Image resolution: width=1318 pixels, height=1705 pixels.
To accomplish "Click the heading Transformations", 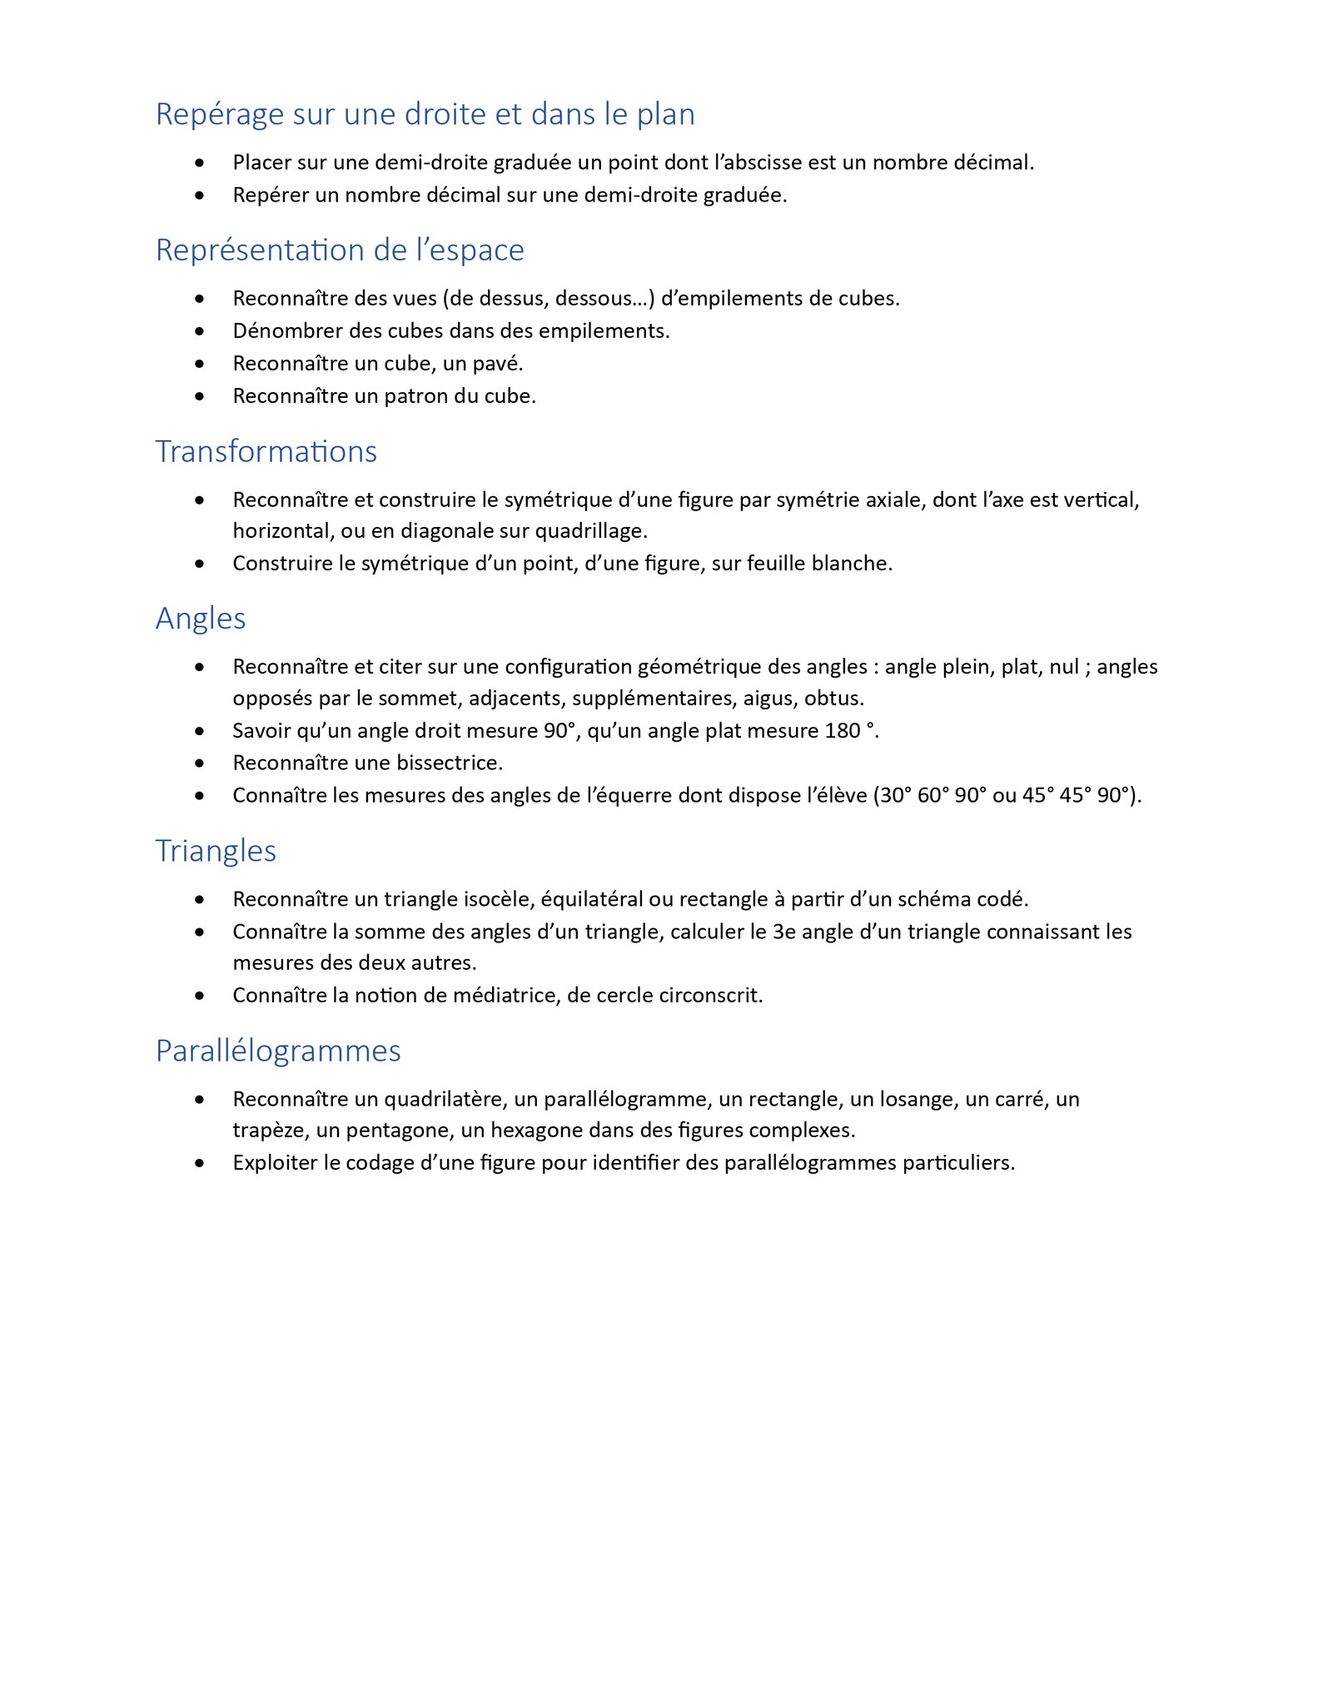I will (266, 451).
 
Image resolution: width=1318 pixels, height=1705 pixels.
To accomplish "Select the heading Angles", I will (201, 619).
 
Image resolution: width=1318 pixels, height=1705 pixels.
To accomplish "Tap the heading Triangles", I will (216, 851).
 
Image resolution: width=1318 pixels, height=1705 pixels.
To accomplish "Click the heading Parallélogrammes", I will (278, 1051).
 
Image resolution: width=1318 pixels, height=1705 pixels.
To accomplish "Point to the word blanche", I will (858, 564).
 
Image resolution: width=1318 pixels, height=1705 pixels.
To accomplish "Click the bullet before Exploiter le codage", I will (199, 1163).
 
